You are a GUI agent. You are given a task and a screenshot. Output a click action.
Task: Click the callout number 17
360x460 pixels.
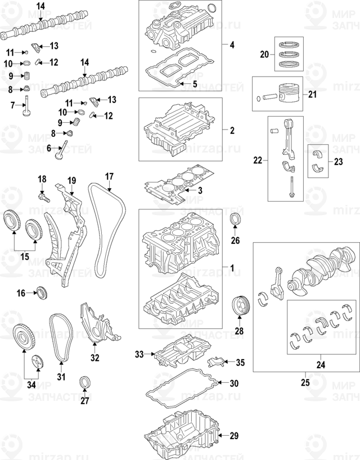tap(109, 176)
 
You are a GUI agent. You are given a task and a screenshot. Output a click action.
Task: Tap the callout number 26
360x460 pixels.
tap(235, 241)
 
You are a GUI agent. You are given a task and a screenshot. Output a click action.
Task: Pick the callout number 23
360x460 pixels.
tap(338, 162)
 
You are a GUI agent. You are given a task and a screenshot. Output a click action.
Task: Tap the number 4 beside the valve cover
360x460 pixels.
tap(231, 43)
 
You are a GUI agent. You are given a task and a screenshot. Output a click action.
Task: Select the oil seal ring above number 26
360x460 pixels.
tap(235, 220)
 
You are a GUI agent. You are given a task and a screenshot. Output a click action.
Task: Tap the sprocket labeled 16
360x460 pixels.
tap(40, 292)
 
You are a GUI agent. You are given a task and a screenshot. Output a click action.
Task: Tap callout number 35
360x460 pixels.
tap(240, 362)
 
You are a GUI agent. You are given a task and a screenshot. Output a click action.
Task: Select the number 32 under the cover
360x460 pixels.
tap(95, 357)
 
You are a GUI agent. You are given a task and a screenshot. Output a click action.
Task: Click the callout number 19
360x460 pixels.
tap(71, 180)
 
